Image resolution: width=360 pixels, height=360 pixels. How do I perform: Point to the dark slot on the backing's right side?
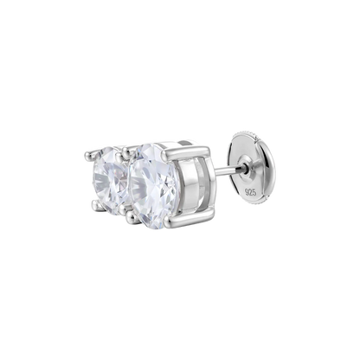(271, 174)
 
